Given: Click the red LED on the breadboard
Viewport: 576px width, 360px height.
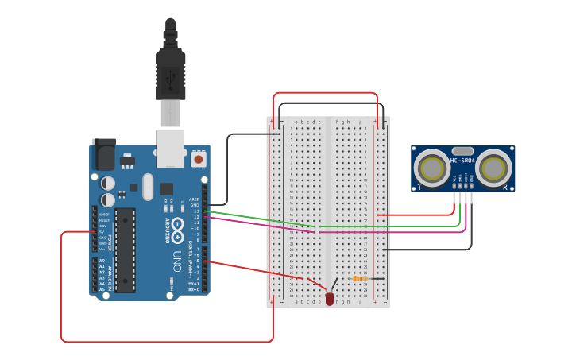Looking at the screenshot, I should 329,299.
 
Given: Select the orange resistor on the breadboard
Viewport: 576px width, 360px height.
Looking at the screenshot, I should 360,279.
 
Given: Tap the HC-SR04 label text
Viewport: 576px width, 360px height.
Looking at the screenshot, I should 462,161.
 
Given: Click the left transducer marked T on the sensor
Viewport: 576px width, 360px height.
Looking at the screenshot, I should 432,168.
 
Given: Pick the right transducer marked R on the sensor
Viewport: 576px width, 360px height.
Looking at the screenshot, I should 493,168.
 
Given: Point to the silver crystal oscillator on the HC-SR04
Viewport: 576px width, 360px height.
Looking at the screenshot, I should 462,151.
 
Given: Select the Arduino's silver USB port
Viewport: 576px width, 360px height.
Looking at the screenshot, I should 170,148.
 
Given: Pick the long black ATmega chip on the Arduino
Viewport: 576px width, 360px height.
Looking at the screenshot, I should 125,250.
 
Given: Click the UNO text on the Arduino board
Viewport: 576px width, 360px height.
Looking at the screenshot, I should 180,259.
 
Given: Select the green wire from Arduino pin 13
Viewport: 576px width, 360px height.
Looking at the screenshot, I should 254,219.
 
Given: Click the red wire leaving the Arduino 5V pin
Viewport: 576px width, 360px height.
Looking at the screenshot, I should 62,286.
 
